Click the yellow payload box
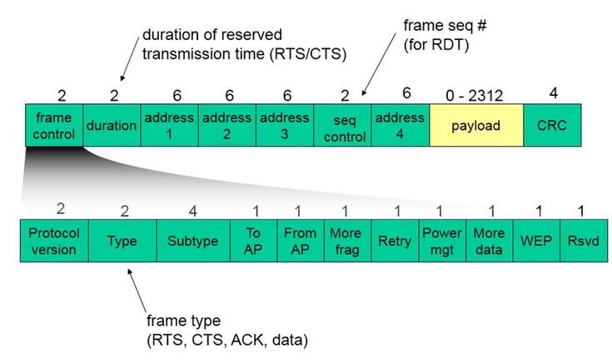click(x=475, y=125)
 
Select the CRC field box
click(x=552, y=125)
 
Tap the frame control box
click(x=54, y=125)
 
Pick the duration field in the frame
click(x=112, y=125)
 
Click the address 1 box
click(x=169, y=125)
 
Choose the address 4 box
click(x=400, y=125)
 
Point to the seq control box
click(x=342, y=125)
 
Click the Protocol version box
click(x=53, y=242)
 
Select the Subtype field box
click(x=192, y=242)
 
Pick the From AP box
click(x=300, y=242)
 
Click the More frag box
click(x=346, y=242)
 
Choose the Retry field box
click(x=394, y=242)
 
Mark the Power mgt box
click(x=441, y=242)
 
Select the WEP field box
click(x=535, y=242)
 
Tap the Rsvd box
click(x=580, y=242)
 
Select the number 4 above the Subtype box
click(x=193, y=211)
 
